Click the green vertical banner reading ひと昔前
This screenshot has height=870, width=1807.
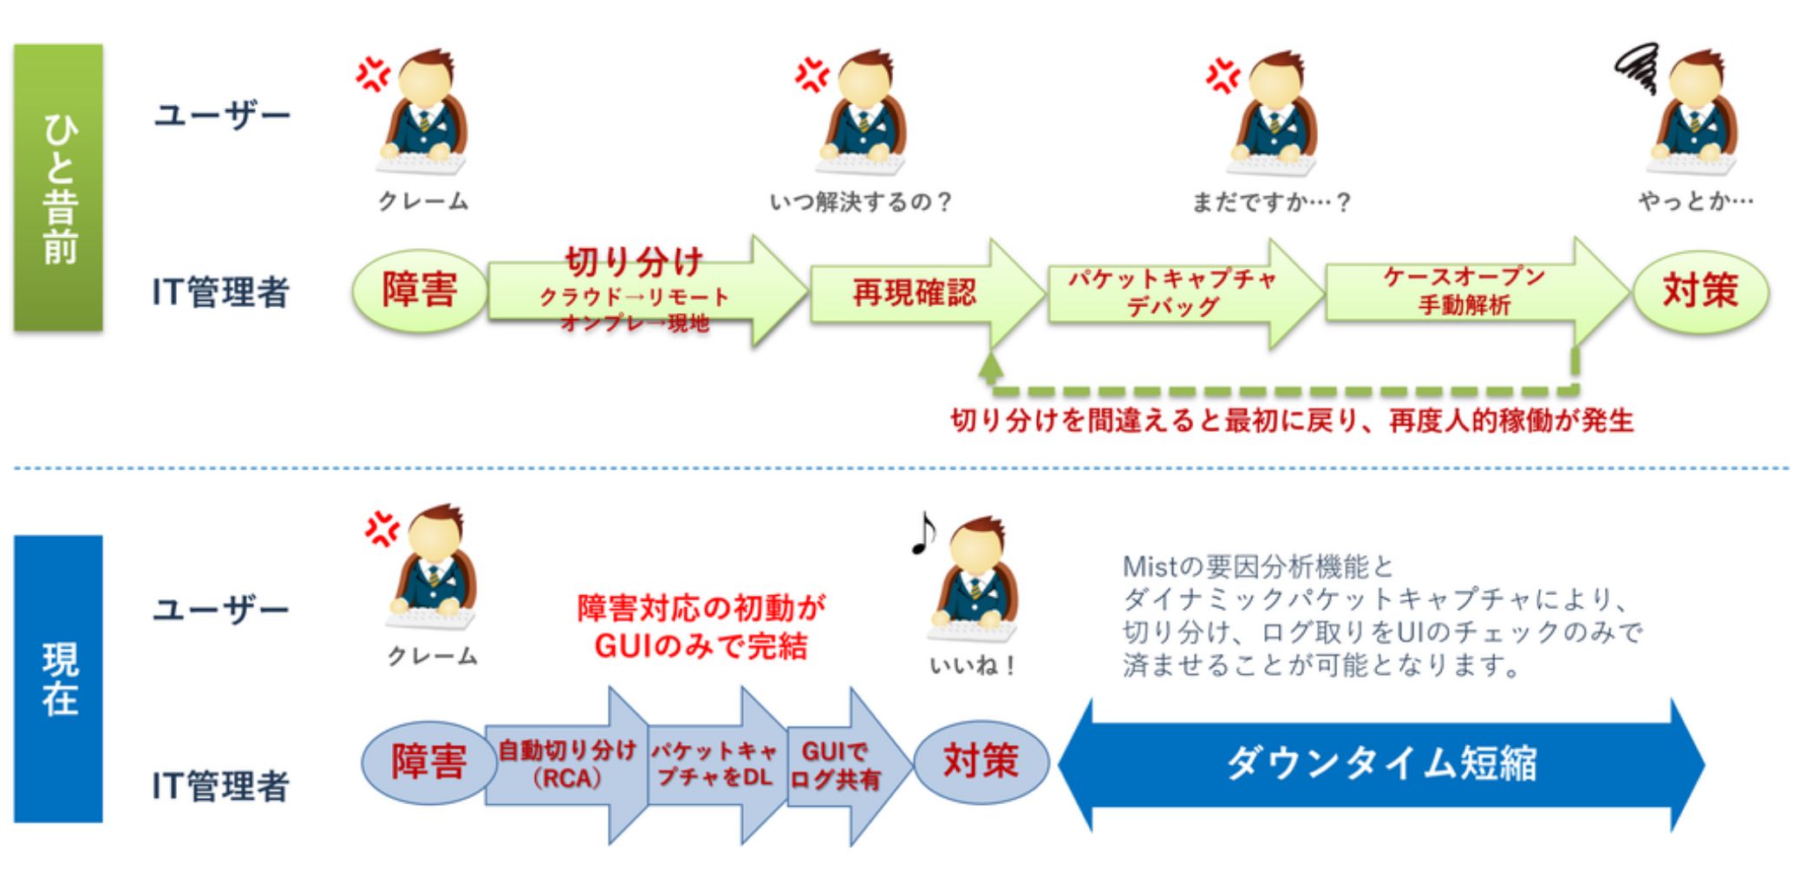click(x=58, y=187)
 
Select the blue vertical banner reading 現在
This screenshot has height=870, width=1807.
click(x=58, y=678)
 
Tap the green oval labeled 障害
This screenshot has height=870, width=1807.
click(x=420, y=291)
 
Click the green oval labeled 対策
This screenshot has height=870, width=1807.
click(x=1700, y=291)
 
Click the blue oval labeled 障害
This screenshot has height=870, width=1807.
click(x=428, y=762)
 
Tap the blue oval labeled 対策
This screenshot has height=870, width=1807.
click(x=981, y=762)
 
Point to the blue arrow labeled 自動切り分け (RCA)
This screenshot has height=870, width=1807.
click(x=568, y=764)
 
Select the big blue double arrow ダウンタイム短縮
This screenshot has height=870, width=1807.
click(x=1381, y=764)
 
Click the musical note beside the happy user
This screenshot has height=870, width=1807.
click(x=923, y=532)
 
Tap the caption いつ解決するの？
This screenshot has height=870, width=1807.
click(x=860, y=202)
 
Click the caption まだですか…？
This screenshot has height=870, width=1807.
click(x=1271, y=202)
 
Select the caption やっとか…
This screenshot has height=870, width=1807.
click(x=1695, y=201)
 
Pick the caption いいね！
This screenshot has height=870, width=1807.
click(x=972, y=666)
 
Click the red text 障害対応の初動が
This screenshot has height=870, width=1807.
click(x=701, y=608)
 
